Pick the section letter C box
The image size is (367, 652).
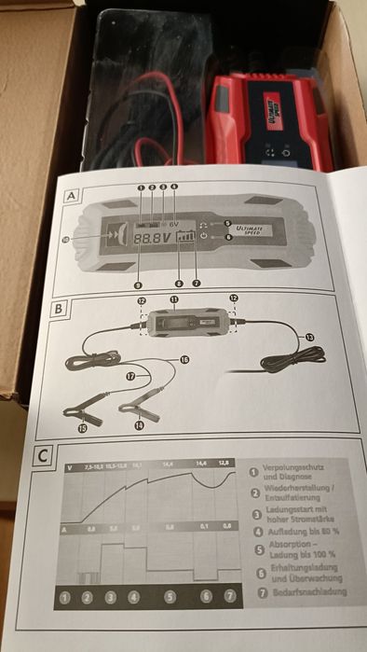[46, 457]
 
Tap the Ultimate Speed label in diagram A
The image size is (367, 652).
[253, 229]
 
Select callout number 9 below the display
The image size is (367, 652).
[138, 284]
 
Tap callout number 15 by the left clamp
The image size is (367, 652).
[81, 429]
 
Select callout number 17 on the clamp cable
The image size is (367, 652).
[131, 376]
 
